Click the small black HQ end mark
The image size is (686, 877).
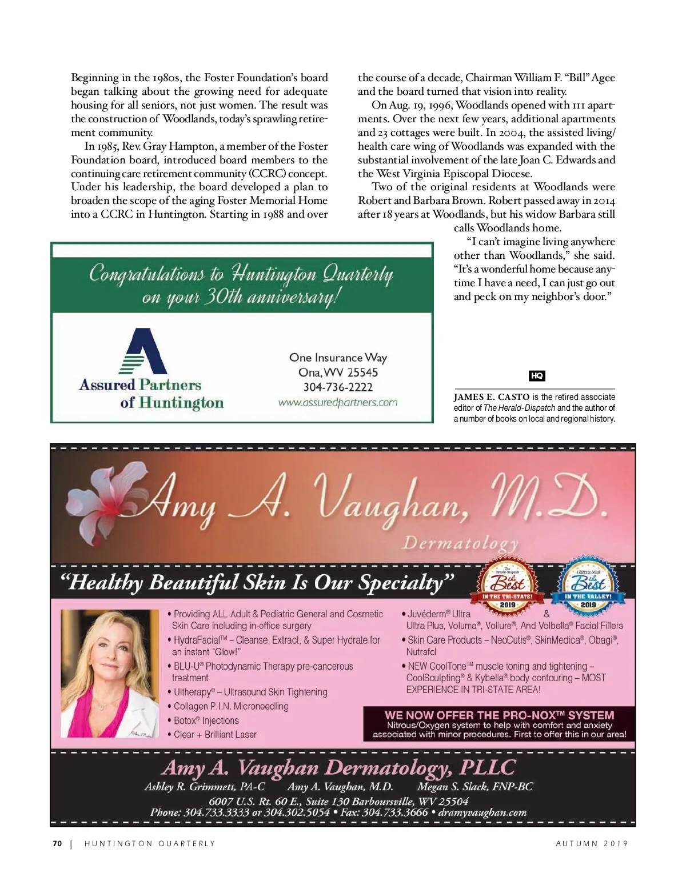[x=537, y=376]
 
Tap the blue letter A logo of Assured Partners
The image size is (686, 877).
[x=143, y=351]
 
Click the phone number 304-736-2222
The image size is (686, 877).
[x=338, y=387]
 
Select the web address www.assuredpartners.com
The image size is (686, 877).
[x=338, y=402]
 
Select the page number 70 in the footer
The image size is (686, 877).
[x=57, y=843]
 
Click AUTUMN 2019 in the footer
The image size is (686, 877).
[x=592, y=843]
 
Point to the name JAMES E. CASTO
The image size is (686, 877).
[x=492, y=397]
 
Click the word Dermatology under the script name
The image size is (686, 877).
[x=461, y=543]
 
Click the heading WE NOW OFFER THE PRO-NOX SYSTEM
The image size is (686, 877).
[x=499, y=715]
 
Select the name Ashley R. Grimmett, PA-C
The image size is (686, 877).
[x=205, y=787]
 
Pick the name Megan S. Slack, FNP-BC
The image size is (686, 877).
[x=474, y=787]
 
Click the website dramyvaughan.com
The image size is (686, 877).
[x=482, y=812]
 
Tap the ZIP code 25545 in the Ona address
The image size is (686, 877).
[x=362, y=373]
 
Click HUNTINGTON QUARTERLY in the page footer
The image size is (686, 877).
[x=150, y=843]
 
